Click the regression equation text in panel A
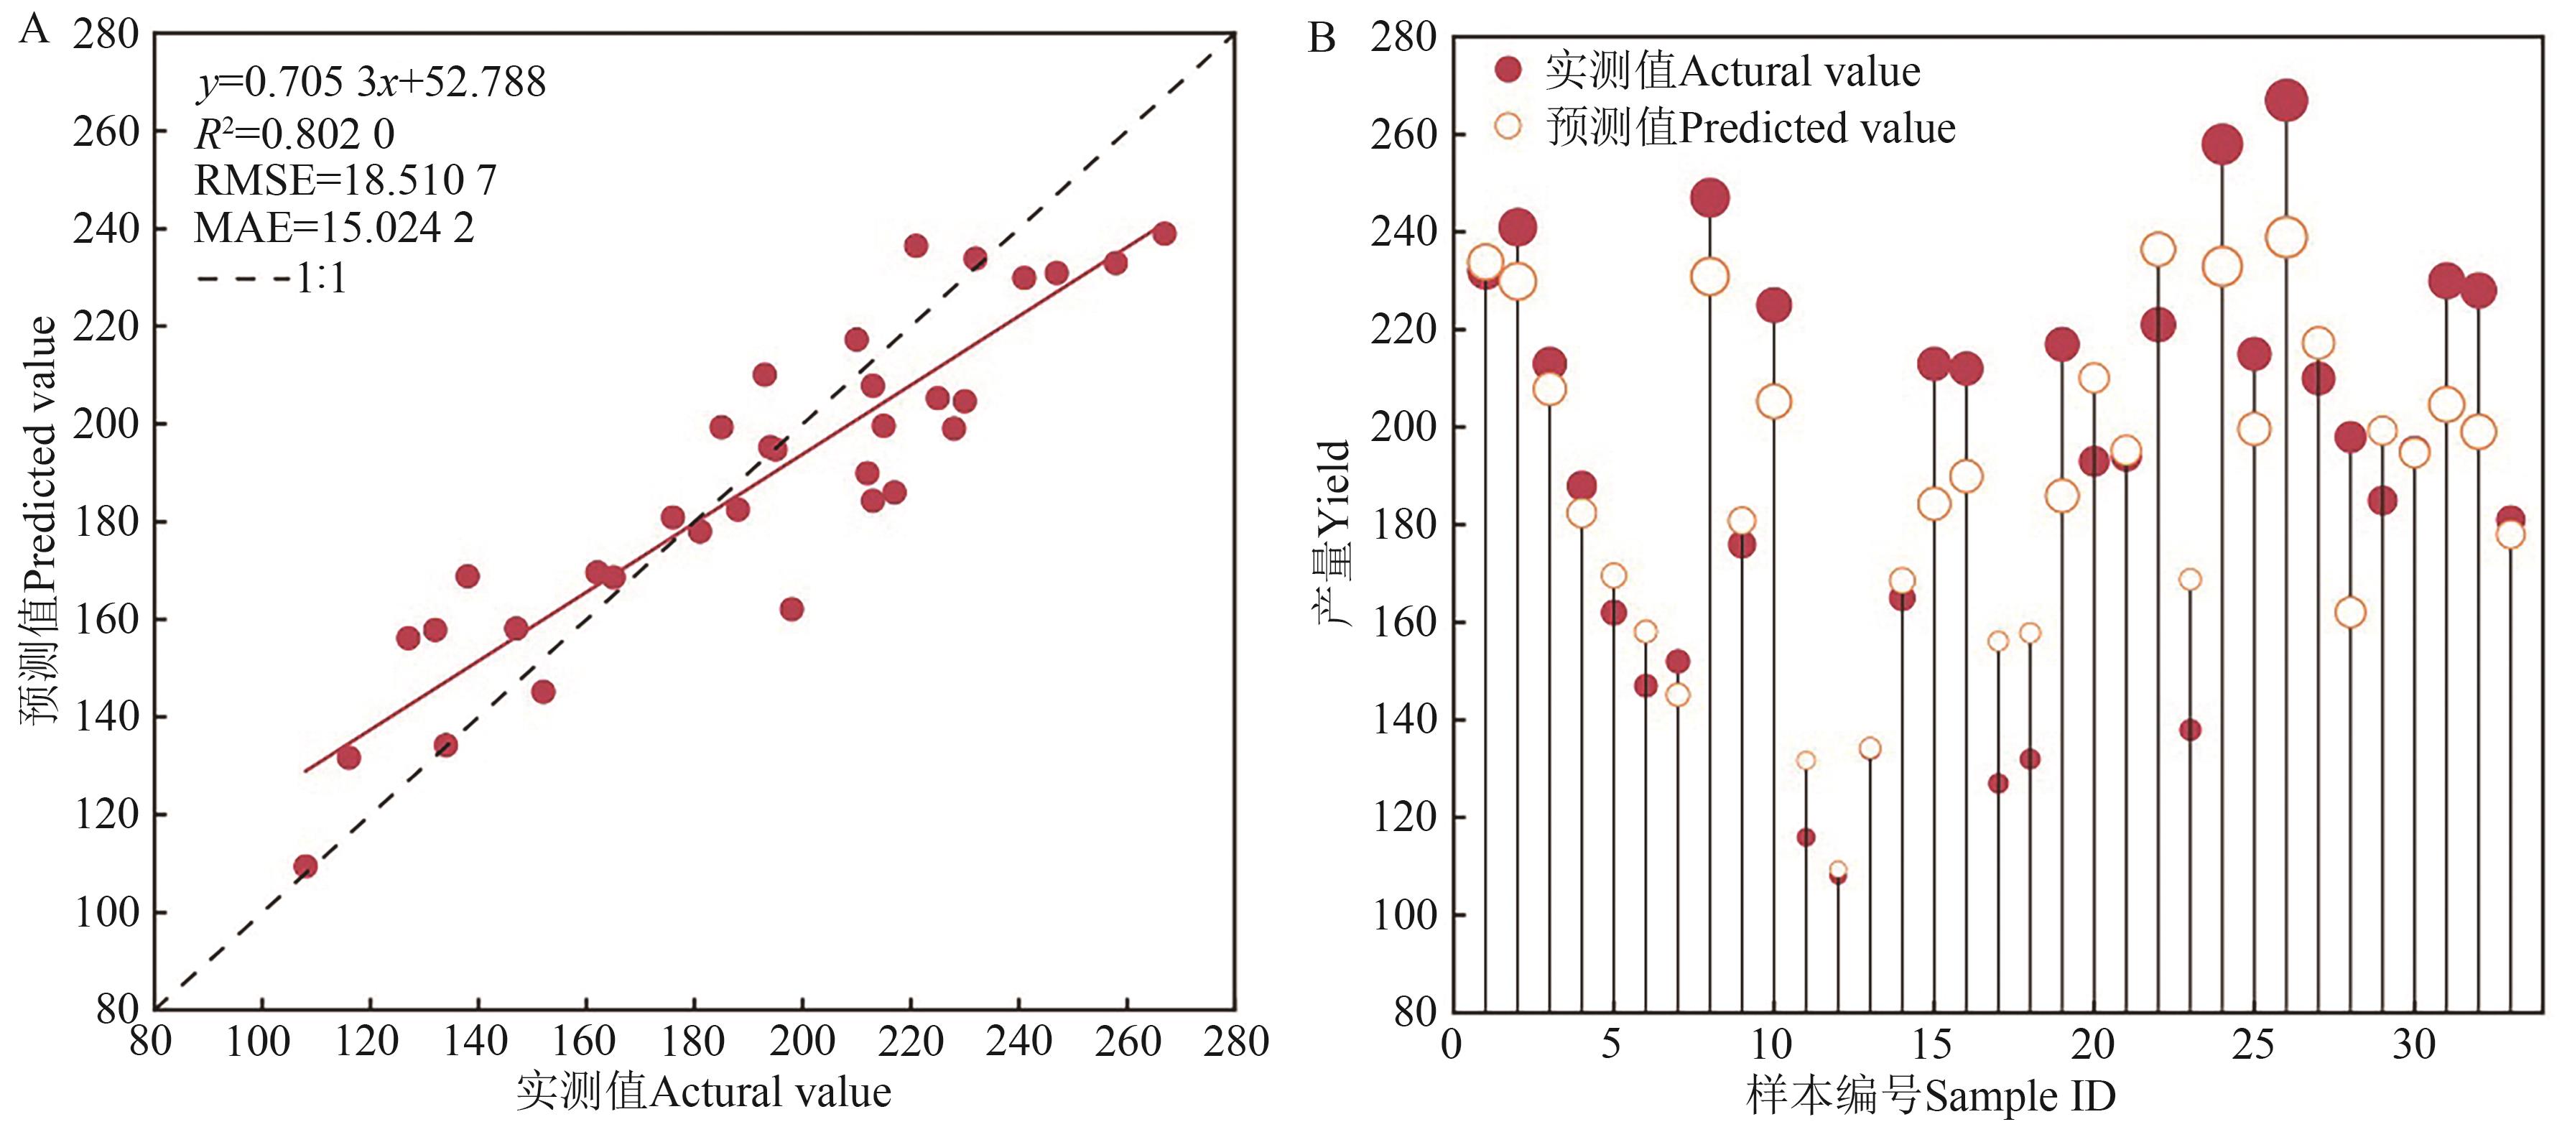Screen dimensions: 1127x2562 point(371,83)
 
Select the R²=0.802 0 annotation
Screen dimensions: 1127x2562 point(294,134)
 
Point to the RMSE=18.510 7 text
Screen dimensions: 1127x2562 point(345,180)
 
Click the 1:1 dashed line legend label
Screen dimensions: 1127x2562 point(322,279)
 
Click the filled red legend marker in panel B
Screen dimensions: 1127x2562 point(1509,70)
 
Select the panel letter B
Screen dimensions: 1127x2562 point(1321,38)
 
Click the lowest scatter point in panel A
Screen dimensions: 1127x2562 point(305,866)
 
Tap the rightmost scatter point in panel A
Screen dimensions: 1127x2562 point(1164,233)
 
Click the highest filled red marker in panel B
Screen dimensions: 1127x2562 point(2286,101)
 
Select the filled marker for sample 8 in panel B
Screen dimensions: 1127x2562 point(1709,198)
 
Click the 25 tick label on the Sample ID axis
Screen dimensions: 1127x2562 point(2252,1044)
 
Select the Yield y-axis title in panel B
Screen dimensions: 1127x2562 point(1335,532)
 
